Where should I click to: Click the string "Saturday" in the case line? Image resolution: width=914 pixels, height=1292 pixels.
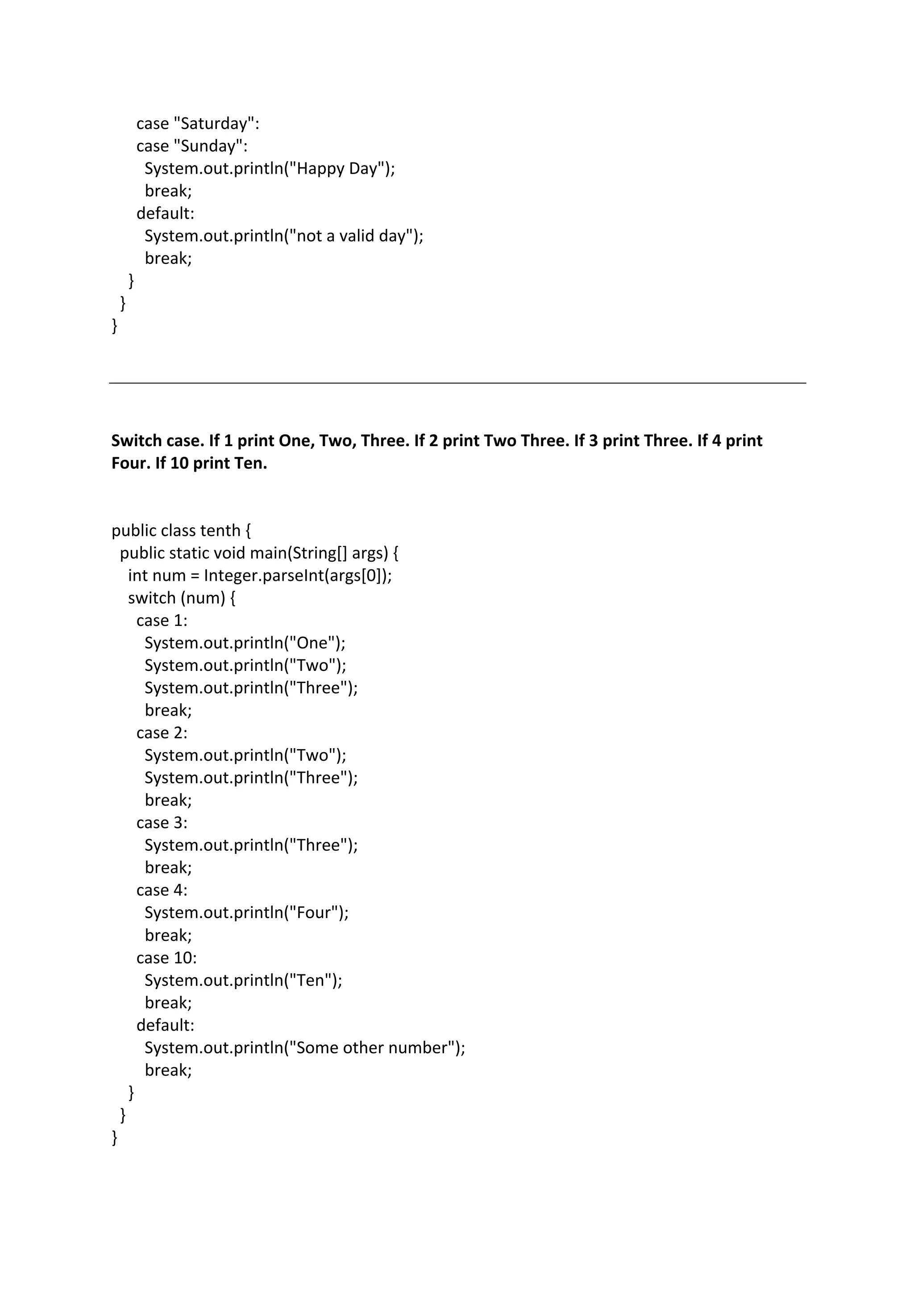click(x=214, y=123)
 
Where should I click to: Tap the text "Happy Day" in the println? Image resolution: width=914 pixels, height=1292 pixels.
click(x=337, y=168)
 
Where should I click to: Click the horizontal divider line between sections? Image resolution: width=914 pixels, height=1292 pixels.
click(x=457, y=383)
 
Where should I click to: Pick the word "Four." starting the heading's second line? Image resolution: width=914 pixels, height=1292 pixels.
click(x=131, y=463)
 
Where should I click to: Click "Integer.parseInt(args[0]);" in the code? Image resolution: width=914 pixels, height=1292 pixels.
click(x=298, y=576)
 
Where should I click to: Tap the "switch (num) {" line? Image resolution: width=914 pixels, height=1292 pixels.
click(x=182, y=598)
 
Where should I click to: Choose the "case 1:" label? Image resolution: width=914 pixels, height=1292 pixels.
click(x=162, y=621)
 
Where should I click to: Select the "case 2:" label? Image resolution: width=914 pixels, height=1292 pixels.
click(x=162, y=733)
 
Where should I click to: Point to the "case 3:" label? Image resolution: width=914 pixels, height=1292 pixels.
click(x=162, y=823)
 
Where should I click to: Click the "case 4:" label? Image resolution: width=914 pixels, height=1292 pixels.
click(x=162, y=890)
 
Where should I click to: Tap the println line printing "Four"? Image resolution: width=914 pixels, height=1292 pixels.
click(x=246, y=913)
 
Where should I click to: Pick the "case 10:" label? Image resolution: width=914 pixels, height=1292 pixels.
click(x=166, y=958)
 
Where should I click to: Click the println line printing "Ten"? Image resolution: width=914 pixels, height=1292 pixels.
click(x=243, y=980)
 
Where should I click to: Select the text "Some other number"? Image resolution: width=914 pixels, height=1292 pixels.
click(x=371, y=1048)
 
